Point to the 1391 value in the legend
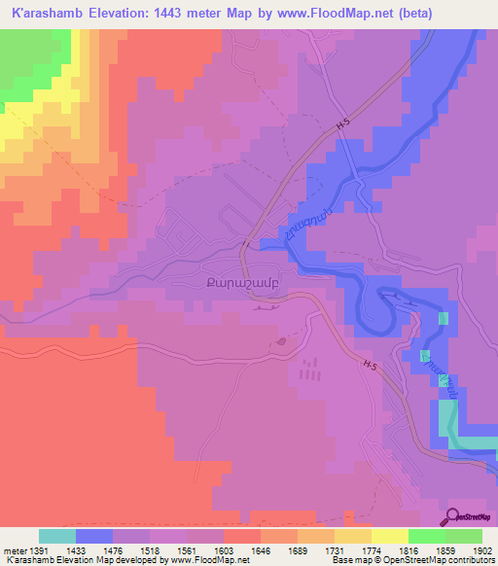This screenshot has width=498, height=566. [26, 549]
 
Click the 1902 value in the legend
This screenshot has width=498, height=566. [480, 549]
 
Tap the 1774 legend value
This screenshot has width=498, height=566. [356, 549]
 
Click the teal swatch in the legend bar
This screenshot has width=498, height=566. [57, 536]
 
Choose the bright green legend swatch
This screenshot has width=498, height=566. [426, 536]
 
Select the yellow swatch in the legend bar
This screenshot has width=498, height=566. [389, 536]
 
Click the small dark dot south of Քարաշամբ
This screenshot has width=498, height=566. [281, 341]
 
